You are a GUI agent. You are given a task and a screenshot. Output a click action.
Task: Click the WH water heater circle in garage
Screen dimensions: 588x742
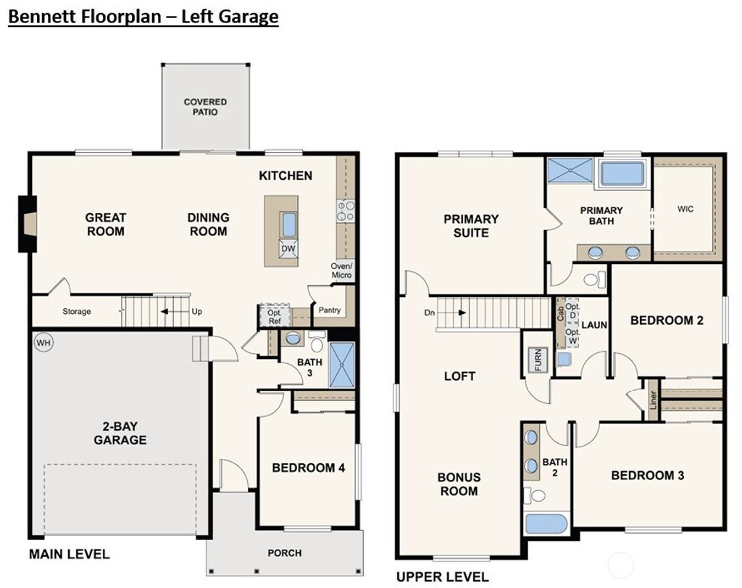pos(43,342)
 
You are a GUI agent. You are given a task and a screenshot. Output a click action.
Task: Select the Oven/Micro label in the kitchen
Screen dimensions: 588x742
pos(341,270)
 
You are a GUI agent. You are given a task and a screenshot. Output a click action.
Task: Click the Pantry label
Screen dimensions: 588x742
pos(330,310)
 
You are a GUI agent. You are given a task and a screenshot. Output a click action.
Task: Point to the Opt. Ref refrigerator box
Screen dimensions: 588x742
pos(275,316)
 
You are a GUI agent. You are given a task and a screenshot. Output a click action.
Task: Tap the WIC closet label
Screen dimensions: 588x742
pos(685,209)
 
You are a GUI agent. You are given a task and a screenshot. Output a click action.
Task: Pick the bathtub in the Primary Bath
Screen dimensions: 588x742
pos(622,174)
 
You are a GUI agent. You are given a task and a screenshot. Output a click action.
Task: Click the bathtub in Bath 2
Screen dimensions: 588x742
pos(547,523)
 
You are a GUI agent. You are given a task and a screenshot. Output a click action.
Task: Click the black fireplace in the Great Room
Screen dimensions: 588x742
pos(28,224)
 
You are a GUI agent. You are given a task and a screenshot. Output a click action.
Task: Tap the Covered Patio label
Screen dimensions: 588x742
pos(205,107)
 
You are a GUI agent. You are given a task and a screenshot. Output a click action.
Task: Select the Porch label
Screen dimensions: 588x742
pos(285,552)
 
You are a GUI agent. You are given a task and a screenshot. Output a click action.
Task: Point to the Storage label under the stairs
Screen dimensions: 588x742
pos(76,312)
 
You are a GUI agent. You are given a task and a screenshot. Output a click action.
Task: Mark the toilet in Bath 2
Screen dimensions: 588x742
pos(537,496)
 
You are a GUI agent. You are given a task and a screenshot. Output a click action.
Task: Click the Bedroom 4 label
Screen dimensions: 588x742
pos(308,468)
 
